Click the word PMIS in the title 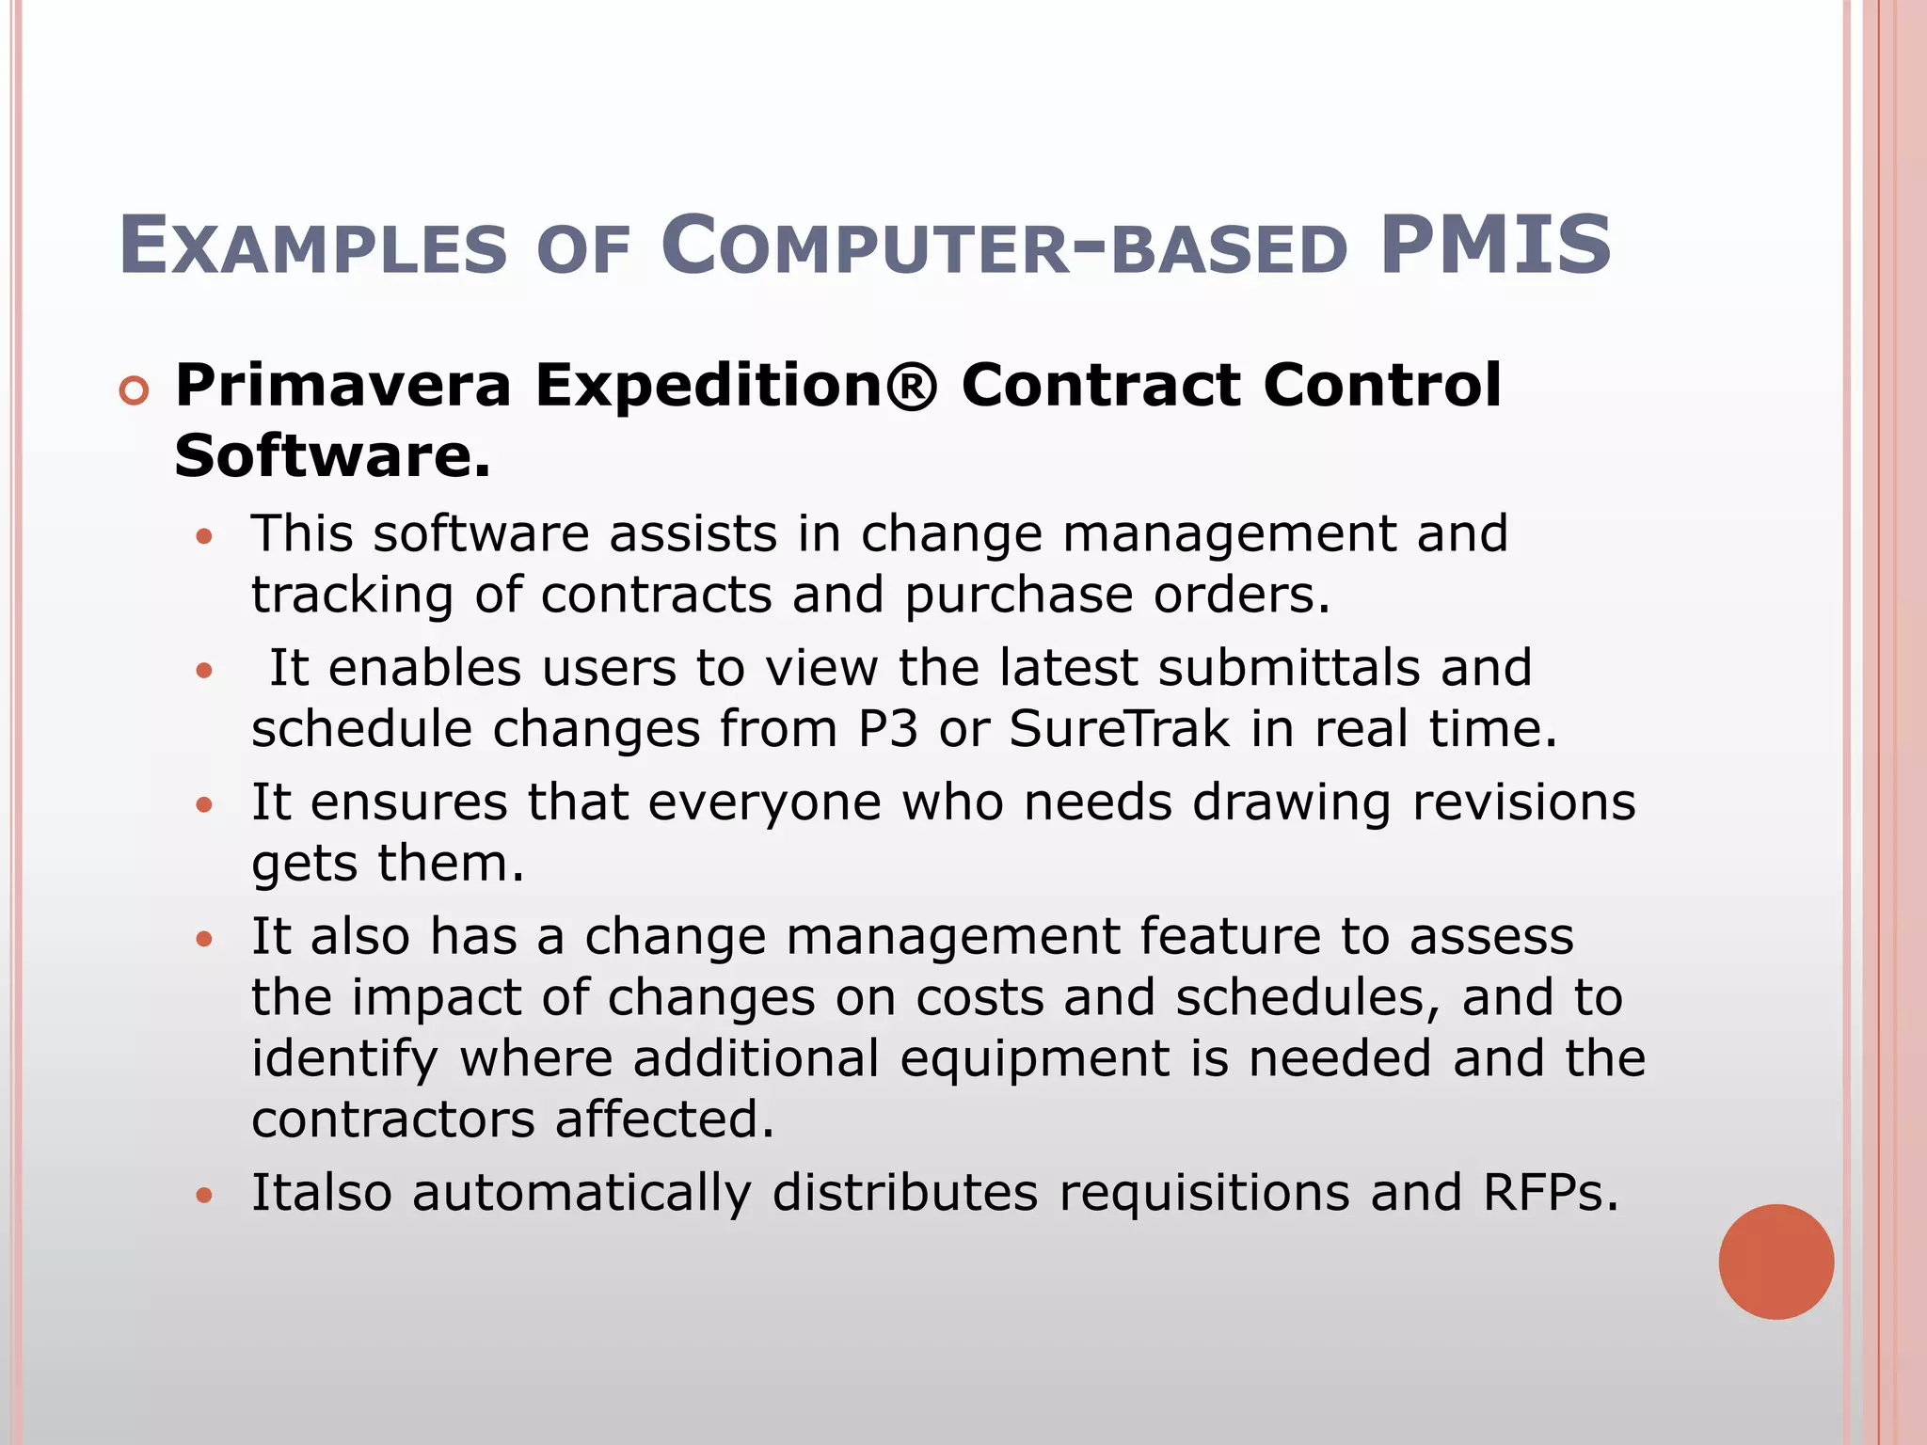click(x=1495, y=246)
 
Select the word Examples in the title click(x=313, y=247)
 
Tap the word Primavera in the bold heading click(x=343, y=386)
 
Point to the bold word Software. click(x=332, y=455)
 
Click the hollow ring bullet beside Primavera click(x=135, y=390)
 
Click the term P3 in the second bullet click(x=887, y=729)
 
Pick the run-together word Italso click(x=321, y=1193)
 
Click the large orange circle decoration click(x=1776, y=1262)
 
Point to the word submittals click(x=1288, y=668)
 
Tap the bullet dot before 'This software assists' click(x=205, y=537)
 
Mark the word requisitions click(x=1203, y=1193)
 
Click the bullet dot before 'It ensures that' click(x=205, y=805)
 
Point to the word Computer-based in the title click(x=1004, y=247)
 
